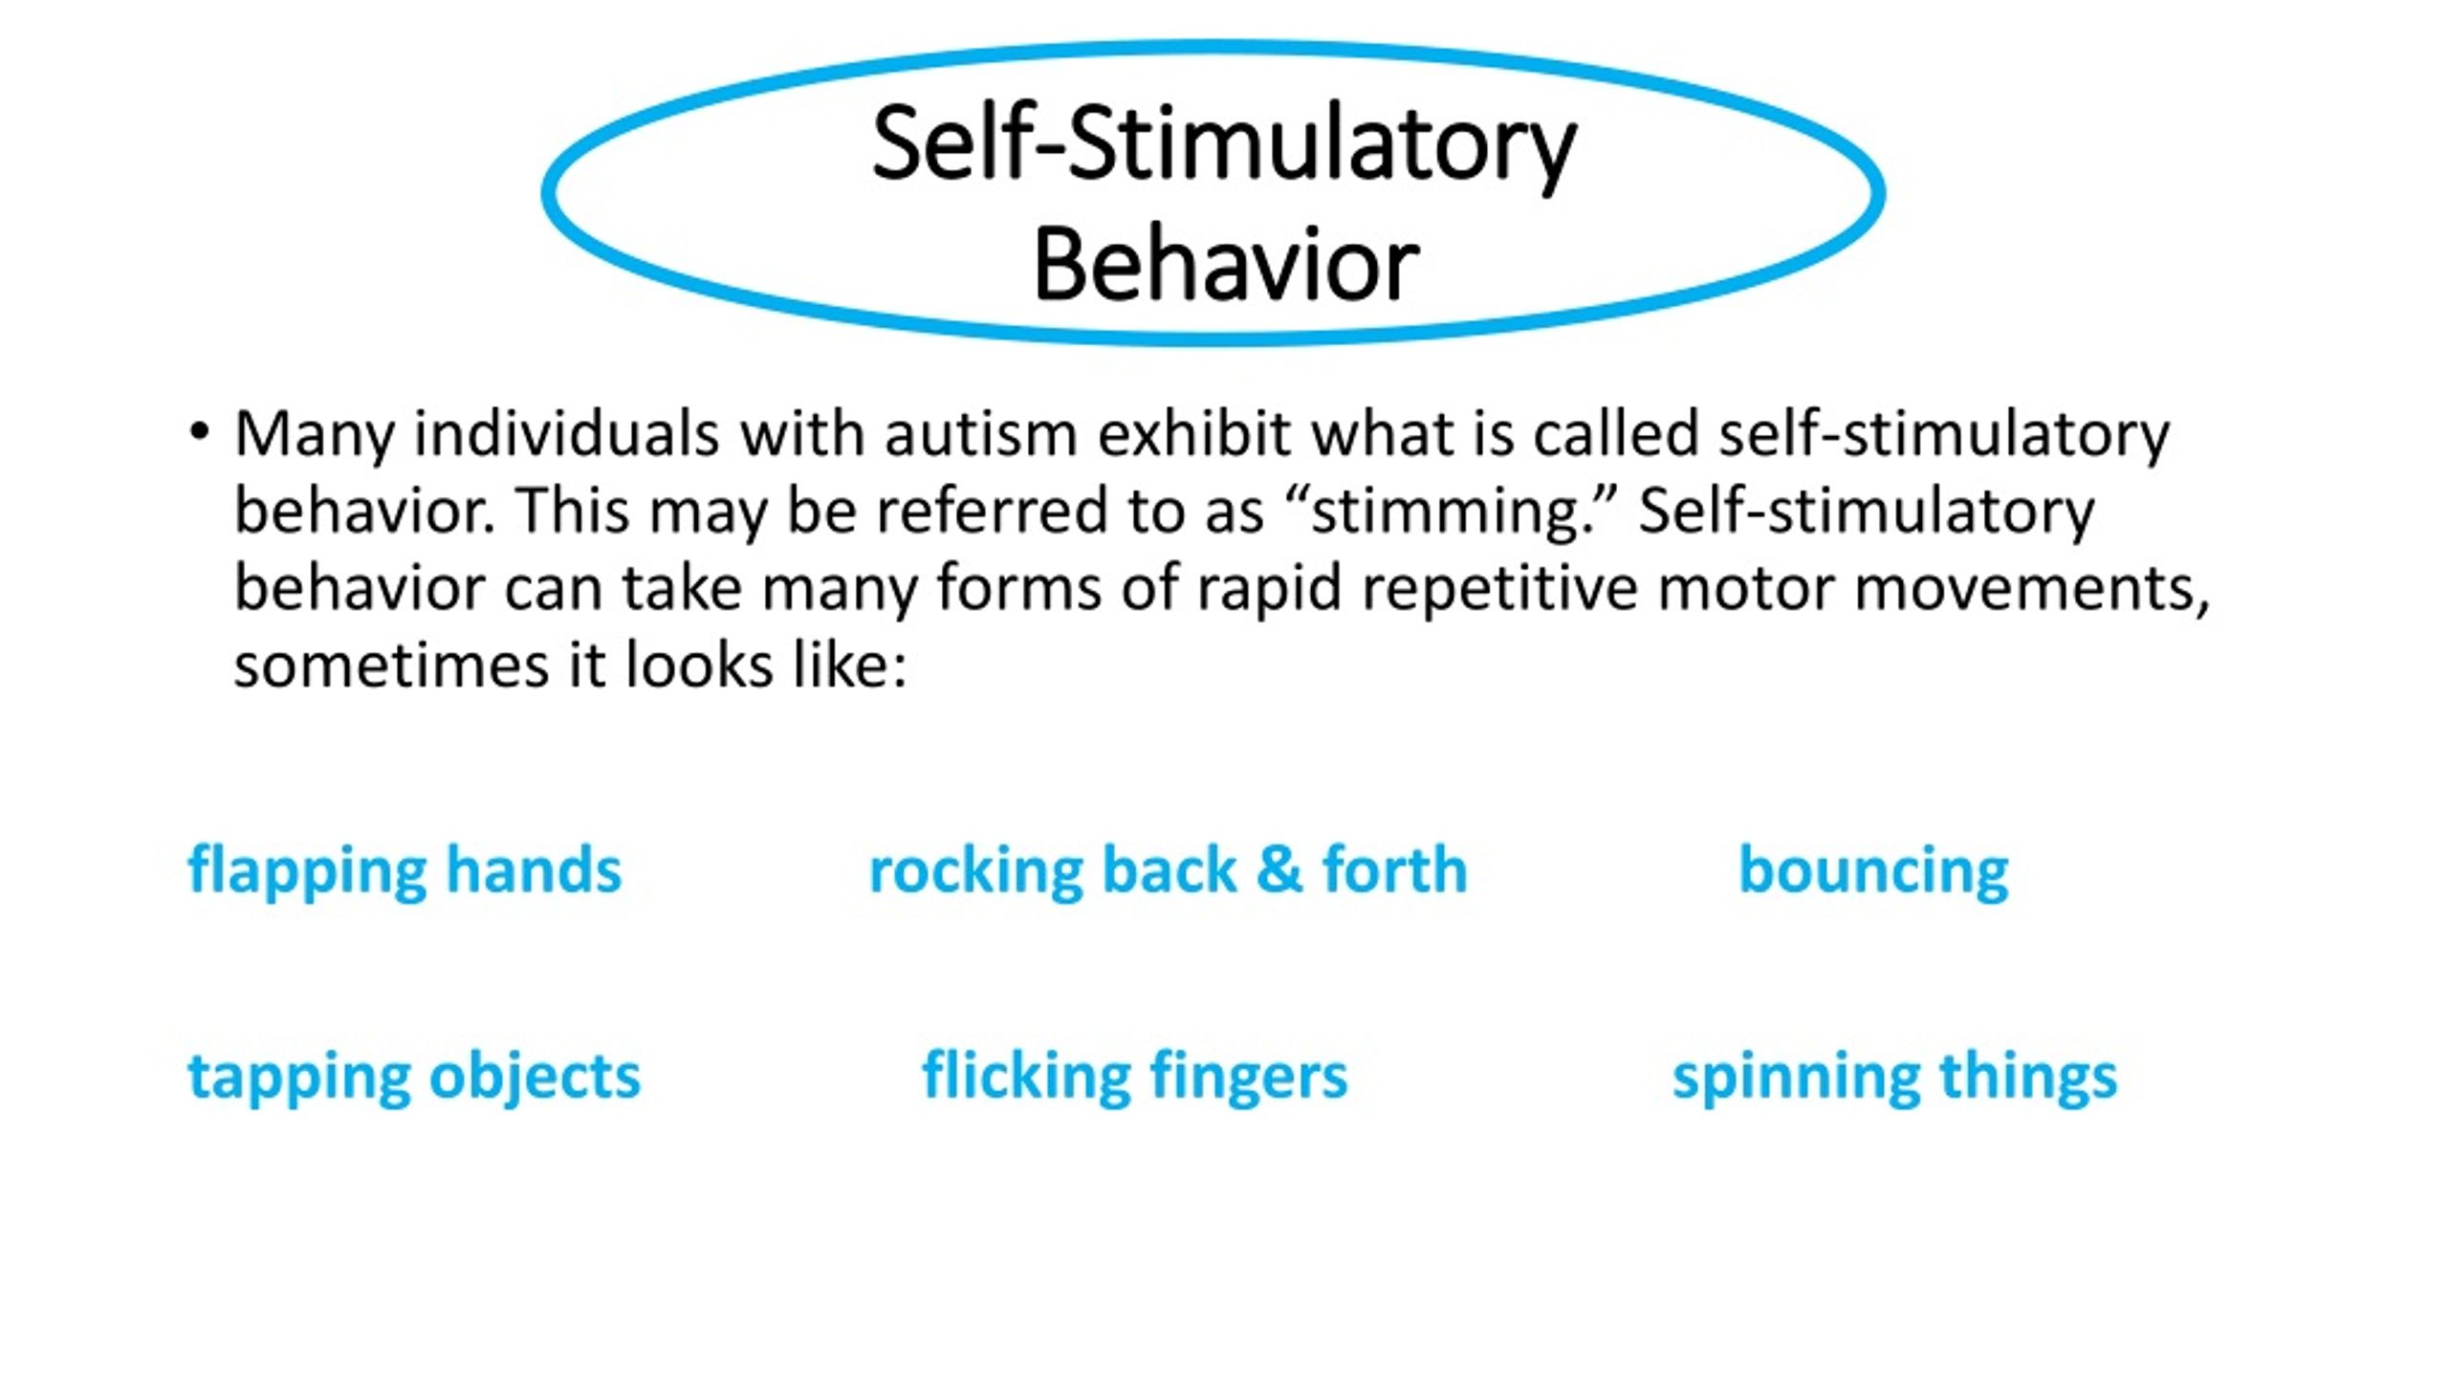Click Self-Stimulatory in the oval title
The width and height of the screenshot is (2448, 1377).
[x=1224, y=145]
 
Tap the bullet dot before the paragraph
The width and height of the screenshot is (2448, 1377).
[x=199, y=432]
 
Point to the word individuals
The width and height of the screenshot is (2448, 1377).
[x=566, y=434]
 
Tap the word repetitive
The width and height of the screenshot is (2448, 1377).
[x=1499, y=588]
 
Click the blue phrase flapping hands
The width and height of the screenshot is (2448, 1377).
[x=404, y=871]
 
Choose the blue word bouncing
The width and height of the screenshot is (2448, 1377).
[x=1873, y=871]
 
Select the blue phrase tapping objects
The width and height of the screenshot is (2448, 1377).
[x=414, y=1077]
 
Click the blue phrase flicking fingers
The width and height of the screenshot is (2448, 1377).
[x=1135, y=1077]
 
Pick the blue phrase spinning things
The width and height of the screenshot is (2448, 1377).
[x=1894, y=1077]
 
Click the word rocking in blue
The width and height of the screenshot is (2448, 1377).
[x=975, y=871]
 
